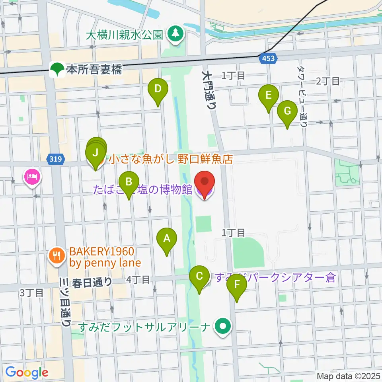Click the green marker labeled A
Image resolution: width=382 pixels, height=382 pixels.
tap(167, 239)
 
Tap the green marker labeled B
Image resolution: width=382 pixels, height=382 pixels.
tap(129, 182)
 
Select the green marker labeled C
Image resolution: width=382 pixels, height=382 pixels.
tap(200, 276)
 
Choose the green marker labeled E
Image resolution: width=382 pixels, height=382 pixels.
tap(268, 96)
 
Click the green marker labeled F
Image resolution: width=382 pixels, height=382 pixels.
tap(237, 285)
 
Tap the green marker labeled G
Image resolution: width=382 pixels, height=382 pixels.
tap(287, 111)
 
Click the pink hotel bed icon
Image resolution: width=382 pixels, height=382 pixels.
tap(32, 176)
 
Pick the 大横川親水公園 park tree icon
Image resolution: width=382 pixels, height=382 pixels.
tap(174, 34)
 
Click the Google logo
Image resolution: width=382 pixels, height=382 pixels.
tap(27, 373)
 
